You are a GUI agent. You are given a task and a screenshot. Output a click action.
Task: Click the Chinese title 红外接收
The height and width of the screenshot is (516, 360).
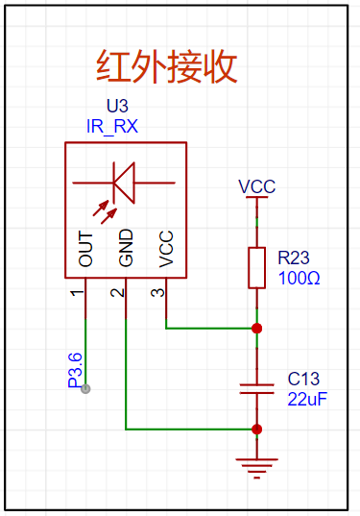coord(166,66)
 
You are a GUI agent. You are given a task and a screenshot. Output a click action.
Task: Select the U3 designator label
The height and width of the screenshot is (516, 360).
coord(117,106)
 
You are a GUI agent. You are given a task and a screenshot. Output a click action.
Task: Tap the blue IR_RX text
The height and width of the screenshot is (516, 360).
coord(112,127)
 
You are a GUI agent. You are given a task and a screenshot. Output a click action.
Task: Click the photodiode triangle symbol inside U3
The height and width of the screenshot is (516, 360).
coord(124,183)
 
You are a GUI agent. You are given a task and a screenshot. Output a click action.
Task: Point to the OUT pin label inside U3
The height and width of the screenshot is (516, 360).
coord(85,249)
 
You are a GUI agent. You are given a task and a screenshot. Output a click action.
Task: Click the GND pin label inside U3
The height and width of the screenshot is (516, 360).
coord(126,248)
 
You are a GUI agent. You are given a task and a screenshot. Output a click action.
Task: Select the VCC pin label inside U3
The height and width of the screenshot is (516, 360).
coord(166,249)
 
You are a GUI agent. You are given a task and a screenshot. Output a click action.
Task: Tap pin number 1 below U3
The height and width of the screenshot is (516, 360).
coord(77,292)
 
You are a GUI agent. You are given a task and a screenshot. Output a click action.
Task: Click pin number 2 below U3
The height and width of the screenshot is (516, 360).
coord(118,292)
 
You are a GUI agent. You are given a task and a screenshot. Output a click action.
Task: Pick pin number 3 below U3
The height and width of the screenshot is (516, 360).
coord(157,292)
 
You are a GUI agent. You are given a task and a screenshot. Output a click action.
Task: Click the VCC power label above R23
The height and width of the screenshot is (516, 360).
coord(256,186)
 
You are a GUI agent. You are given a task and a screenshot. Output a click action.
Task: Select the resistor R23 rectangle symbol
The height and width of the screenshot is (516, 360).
coord(256,268)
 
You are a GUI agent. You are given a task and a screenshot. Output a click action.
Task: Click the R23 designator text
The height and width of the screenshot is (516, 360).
coord(294,258)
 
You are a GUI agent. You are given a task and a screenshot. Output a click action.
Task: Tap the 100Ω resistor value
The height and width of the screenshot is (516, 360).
coord(299,278)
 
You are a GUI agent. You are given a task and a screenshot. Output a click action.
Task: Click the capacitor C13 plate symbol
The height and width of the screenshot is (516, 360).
coord(256,388)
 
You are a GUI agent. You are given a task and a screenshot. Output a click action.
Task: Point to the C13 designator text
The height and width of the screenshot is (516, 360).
coord(303,379)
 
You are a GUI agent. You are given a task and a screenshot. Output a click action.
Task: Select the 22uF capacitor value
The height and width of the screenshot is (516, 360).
coord(307,399)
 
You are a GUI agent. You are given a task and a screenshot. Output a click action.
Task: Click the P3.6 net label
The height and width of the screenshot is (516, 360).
coord(75,370)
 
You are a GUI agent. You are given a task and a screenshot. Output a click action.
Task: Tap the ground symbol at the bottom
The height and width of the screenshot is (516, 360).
coord(256,468)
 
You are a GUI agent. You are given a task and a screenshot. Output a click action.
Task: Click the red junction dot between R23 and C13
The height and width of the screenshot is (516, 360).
coord(256,328)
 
